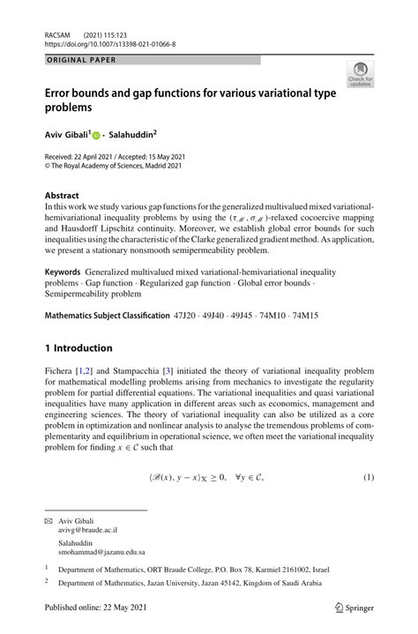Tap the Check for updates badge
(360, 77)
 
